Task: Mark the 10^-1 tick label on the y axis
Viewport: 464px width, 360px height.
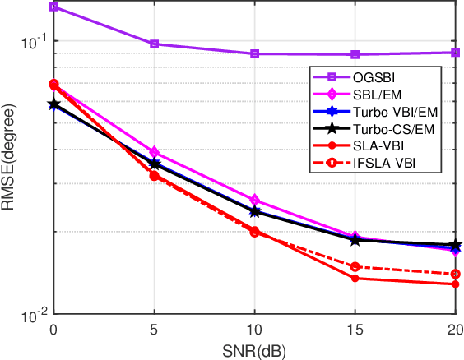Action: [x=31, y=41]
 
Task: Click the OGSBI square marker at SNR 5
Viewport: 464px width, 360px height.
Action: [x=154, y=44]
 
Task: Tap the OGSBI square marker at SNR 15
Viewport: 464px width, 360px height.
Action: [x=355, y=54]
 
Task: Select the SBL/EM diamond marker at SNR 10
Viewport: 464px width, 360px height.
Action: [x=255, y=200]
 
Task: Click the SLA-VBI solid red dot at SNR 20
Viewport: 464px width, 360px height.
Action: [x=456, y=284]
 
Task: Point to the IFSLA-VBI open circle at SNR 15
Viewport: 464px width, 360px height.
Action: [x=355, y=266]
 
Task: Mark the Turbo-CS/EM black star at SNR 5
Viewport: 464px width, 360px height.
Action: [x=154, y=164]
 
